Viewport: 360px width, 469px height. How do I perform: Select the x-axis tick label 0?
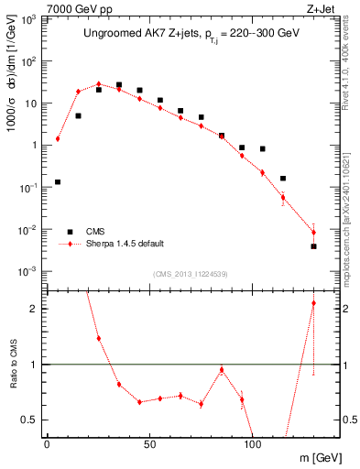48,442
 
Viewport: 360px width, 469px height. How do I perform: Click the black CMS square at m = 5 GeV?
58,181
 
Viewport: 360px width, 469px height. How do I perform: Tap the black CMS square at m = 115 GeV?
283,179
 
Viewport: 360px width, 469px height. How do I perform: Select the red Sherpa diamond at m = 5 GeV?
58,139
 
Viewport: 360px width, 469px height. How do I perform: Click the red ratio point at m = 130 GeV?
313,303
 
